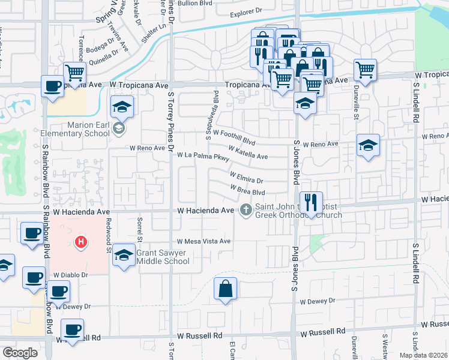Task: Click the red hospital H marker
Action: [x=80, y=242]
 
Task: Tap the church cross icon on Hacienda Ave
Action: [x=246, y=210]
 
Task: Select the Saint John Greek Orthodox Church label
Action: [x=298, y=211]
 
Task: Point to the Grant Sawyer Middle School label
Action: [x=163, y=257]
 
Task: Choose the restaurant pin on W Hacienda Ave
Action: [x=310, y=203]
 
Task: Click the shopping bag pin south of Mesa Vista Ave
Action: [x=225, y=289]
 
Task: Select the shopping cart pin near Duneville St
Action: [x=365, y=70]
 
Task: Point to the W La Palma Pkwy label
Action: [x=203, y=157]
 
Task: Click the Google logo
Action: [x=20, y=353]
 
